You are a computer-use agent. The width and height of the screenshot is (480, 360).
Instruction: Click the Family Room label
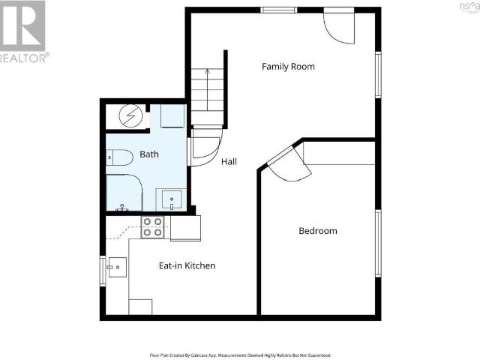point(288,67)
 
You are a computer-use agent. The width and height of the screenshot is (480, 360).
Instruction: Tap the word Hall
point(229,161)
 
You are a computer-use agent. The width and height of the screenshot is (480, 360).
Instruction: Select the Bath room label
point(149,155)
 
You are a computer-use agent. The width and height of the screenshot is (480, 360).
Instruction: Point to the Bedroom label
point(318,231)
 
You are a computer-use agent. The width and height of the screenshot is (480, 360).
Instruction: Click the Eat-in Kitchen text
point(187,265)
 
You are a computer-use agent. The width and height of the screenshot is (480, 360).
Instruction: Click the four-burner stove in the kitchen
point(153,226)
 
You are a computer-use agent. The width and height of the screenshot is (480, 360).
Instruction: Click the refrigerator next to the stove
point(185,228)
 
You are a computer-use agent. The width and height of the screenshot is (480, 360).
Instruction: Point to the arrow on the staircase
point(208,75)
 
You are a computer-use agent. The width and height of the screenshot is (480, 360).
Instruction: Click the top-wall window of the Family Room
point(278,10)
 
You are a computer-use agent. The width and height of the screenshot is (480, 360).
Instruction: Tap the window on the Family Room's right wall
point(379,75)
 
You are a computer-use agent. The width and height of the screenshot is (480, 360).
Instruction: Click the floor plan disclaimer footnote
point(239,355)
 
